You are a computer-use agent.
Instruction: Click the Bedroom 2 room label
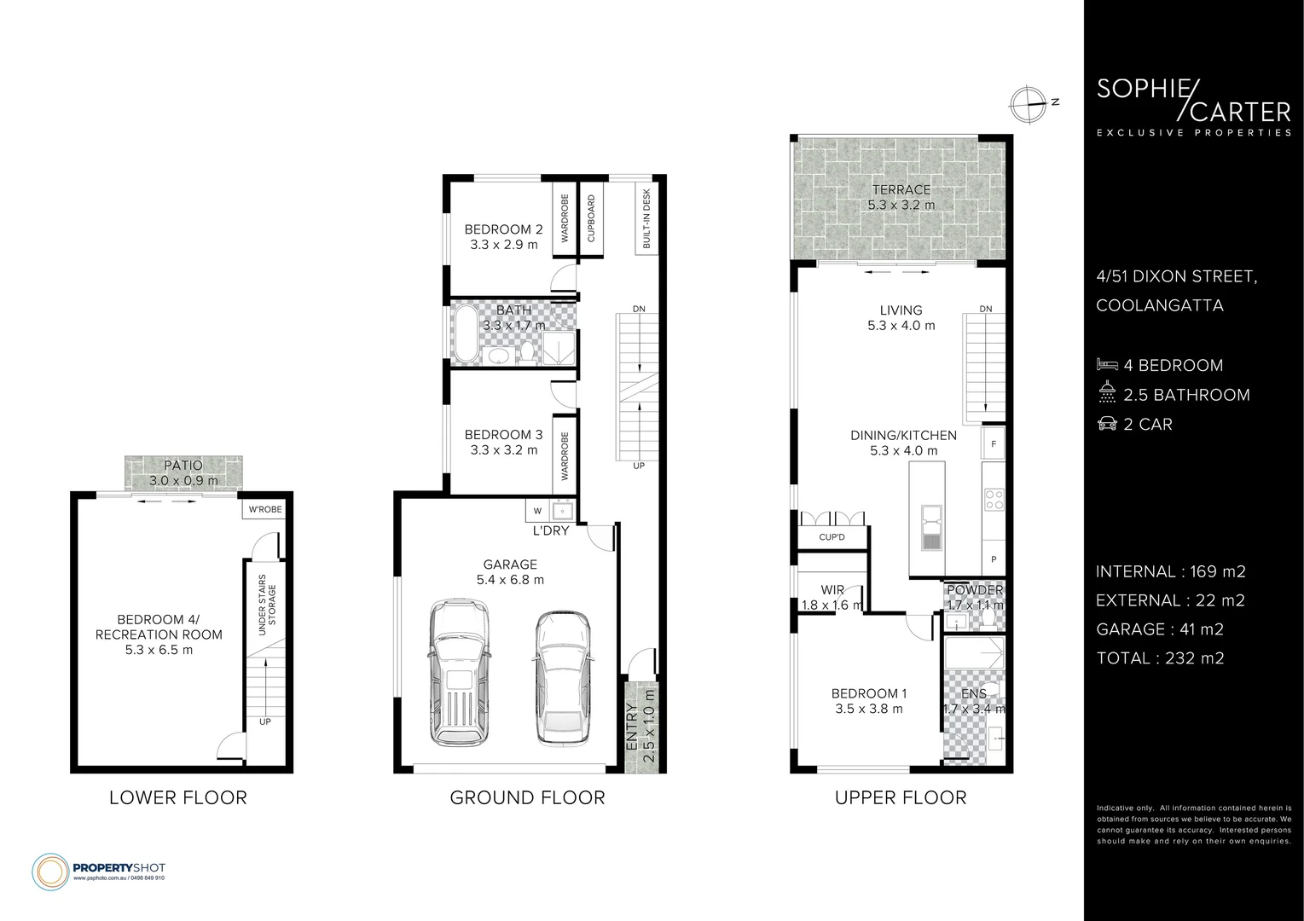(503, 229)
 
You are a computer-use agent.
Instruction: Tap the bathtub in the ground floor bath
(466, 333)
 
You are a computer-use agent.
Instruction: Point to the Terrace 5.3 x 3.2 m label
(901, 197)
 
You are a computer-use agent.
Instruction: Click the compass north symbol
(1027, 103)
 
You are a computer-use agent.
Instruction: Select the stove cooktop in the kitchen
(994, 499)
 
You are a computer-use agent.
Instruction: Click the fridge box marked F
(994, 443)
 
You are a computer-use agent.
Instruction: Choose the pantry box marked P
(994, 559)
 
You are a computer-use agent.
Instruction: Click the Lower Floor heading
(178, 797)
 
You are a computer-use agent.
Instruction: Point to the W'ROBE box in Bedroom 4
(264, 510)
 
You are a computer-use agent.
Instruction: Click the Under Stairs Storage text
(267, 605)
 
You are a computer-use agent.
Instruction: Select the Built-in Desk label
(646, 218)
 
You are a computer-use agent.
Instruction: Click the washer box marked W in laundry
(537, 511)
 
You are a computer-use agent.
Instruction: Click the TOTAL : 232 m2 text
(1160, 657)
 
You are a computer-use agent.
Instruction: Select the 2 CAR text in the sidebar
(1147, 424)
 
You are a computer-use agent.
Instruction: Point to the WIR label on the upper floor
(832, 590)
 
